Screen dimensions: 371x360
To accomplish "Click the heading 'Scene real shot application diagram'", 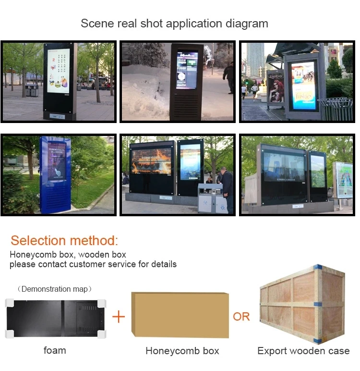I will (x=174, y=24).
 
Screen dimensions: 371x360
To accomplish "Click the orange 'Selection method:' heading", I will (x=64, y=241).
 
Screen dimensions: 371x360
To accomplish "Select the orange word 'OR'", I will (x=241, y=317).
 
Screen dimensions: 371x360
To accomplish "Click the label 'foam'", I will (x=55, y=350).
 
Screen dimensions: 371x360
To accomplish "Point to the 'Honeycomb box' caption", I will (x=182, y=351).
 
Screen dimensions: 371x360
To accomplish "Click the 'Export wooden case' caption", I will (x=303, y=351).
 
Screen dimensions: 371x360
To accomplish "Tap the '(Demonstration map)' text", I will (x=55, y=289).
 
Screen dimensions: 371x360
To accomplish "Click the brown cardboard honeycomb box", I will (x=181, y=314).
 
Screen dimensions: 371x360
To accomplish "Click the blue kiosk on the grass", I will (x=57, y=171).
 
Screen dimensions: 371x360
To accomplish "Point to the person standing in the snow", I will (x=229, y=77).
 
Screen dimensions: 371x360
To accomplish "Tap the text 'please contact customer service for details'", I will (x=93, y=264).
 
